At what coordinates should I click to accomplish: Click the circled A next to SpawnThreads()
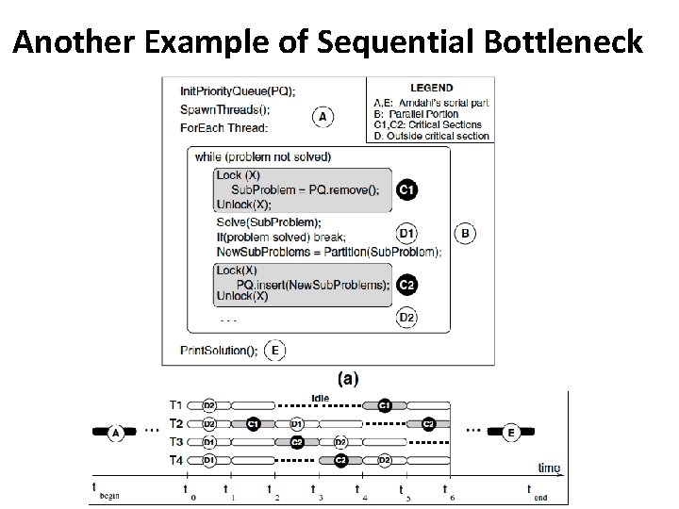pyautogui.click(x=323, y=117)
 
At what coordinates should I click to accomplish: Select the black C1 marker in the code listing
pyautogui.click(x=406, y=189)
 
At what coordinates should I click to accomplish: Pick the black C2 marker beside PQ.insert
pyautogui.click(x=406, y=285)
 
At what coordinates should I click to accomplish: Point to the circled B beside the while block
pyautogui.click(x=465, y=231)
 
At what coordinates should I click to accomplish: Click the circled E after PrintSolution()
pyautogui.click(x=274, y=351)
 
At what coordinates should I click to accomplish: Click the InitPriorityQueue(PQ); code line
pyautogui.click(x=237, y=90)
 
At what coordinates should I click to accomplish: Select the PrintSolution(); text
pyautogui.click(x=218, y=351)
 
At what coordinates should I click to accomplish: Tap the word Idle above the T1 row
pyautogui.click(x=320, y=397)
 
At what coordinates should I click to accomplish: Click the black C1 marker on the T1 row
pyautogui.click(x=384, y=405)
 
